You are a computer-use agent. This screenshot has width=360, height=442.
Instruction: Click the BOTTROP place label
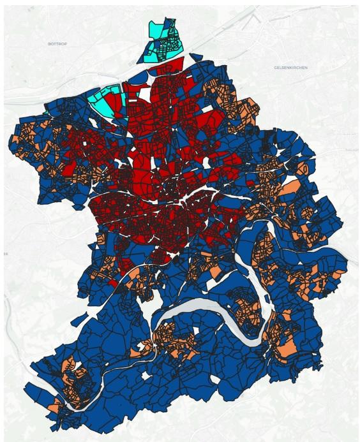click(x=57, y=43)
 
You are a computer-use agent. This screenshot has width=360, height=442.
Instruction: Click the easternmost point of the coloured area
click(x=349, y=260)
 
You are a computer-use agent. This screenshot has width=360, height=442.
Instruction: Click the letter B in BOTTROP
click(x=49, y=43)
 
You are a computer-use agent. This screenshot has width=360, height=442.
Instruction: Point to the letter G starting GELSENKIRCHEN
click(x=275, y=67)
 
